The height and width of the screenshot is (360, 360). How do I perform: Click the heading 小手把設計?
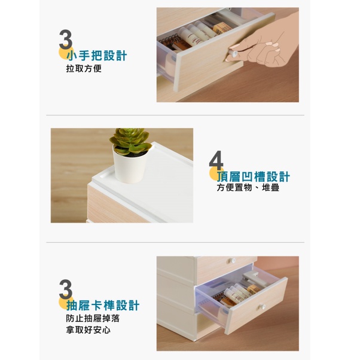[x=97, y=56]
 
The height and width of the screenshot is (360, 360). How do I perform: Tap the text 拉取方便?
[x=84, y=68]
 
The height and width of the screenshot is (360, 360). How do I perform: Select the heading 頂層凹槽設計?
[x=254, y=176]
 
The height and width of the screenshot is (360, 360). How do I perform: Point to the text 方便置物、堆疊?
[x=248, y=188]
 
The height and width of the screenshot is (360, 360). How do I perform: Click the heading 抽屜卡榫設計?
[x=103, y=306]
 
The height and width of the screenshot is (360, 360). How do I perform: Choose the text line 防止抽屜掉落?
[x=93, y=319]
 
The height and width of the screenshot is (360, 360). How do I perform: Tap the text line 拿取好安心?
[x=88, y=330]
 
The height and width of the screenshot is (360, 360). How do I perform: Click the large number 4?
[x=216, y=161]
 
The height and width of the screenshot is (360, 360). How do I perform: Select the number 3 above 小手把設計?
[x=66, y=39]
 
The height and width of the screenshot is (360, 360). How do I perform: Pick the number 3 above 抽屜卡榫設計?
[x=66, y=289]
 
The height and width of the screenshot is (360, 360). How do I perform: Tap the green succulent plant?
[x=130, y=141]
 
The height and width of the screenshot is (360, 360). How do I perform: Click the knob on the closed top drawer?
[x=232, y=261]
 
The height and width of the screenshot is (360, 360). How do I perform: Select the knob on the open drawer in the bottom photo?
[x=262, y=307]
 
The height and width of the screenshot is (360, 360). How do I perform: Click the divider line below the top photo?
[x=175, y=115]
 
